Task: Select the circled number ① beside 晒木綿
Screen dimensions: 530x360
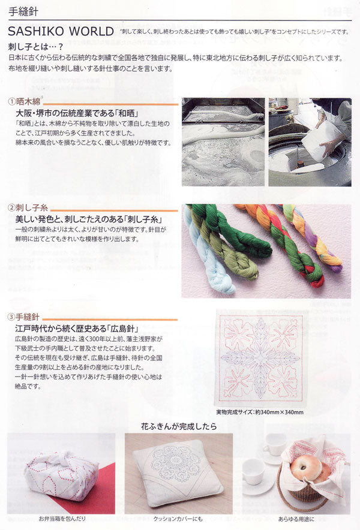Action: pyautogui.click(x=11, y=103)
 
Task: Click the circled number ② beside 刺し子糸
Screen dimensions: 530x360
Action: pyautogui.click(x=11, y=208)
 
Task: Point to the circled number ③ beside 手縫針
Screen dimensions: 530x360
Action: pyautogui.click(x=11, y=316)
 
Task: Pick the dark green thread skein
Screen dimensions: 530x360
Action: pyautogui.click(x=234, y=228)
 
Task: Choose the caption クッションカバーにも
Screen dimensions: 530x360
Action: pyautogui.click(x=178, y=519)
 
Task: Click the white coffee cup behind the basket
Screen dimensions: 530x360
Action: pyautogui.click(x=274, y=444)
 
